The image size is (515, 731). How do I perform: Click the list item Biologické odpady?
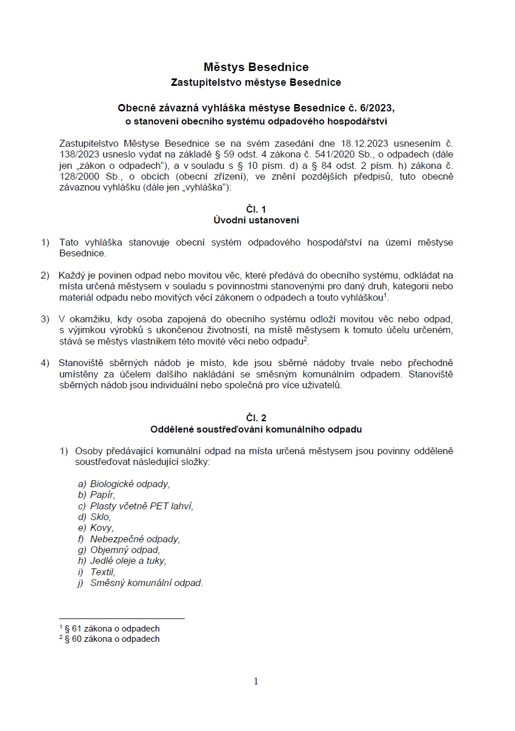(130, 484)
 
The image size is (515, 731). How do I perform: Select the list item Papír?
(102, 495)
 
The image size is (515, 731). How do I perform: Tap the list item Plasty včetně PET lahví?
(142, 506)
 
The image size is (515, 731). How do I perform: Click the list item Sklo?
(101, 517)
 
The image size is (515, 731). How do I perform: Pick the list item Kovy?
(102, 528)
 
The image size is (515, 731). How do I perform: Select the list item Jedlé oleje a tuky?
(128, 560)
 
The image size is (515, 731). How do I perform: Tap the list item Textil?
(103, 572)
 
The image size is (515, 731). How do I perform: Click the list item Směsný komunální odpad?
(146, 583)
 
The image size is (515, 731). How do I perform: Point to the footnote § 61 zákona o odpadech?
(112, 629)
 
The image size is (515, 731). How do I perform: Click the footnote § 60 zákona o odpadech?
(112, 639)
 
